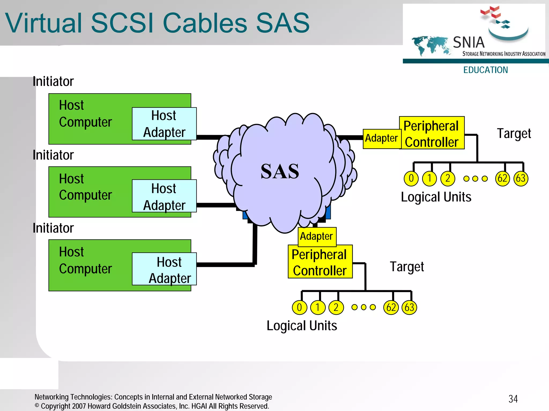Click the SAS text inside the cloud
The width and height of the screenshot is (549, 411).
tap(280, 171)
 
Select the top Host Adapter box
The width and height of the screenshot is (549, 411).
tap(164, 124)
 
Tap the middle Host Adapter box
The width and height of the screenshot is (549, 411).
tap(164, 196)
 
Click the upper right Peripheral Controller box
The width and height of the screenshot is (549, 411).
tap(432, 133)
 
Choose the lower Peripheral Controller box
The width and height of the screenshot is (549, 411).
tap(320, 262)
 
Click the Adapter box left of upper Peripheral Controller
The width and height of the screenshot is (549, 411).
tap(381, 139)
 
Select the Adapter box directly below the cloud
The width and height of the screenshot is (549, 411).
tap(317, 236)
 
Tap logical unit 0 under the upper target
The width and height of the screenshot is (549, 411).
tap(411, 178)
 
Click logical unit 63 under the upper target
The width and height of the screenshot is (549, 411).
tap(521, 178)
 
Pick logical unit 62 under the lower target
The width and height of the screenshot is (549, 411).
tap(391, 307)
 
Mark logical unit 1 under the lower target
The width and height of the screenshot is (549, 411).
tap(318, 307)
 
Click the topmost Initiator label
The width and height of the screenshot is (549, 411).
tap(53, 81)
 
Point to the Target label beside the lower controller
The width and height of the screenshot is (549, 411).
tap(407, 267)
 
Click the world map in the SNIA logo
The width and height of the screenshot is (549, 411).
tap(431, 45)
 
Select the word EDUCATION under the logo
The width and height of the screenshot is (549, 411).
tap(485, 70)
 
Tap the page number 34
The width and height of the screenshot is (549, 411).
tap(513, 399)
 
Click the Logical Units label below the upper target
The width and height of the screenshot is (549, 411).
tap(436, 197)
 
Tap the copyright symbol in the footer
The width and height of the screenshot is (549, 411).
tap(37, 406)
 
